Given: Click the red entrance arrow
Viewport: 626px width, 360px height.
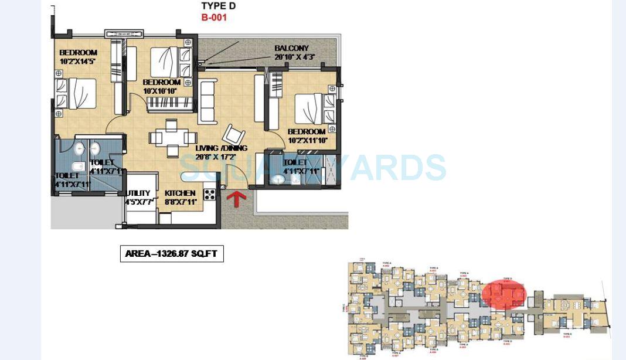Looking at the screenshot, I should pyautogui.click(x=236, y=199).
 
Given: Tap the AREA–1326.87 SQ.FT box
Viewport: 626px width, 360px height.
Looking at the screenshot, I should pyautogui.click(x=172, y=254).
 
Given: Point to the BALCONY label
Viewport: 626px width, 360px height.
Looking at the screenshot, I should pyautogui.click(x=291, y=48).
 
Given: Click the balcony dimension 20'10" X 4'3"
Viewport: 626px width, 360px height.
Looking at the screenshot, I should pyautogui.click(x=295, y=57).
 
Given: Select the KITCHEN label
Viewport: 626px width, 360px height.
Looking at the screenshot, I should pyautogui.click(x=180, y=193).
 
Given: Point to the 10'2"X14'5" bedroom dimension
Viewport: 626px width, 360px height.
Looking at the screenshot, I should pyautogui.click(x=78, y=60).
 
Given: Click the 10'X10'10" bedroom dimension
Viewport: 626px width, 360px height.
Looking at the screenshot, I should pyautogui.click(x=160, y=91).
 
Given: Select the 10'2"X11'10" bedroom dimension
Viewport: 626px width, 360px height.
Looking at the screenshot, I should pyautogui.click(x=307, y=140).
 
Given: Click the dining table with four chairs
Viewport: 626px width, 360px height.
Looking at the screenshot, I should pyautogui.click(x=169, y=138).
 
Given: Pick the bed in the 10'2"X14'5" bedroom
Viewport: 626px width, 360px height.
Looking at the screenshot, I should pyautogui.click(x=76, y=94).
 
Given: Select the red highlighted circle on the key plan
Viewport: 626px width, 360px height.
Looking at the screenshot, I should pyautogui.click(x=504, y=293).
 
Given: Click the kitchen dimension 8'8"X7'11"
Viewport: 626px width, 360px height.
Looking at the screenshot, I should pyautogui.click(x=180, y=202).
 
